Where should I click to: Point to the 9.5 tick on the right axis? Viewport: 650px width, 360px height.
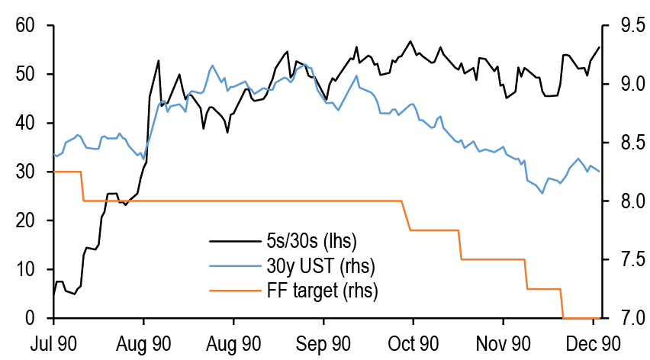[624, 26]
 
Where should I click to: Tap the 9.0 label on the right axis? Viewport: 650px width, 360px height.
[624, 84]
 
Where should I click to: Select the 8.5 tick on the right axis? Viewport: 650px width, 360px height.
[624, 143]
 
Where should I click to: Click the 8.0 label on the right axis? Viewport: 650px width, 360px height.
[624, 201]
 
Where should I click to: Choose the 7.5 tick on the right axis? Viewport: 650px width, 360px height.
[624, 259]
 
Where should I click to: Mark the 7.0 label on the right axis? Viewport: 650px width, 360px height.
[624, 318]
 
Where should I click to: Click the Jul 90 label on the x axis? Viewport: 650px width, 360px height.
[54, 343]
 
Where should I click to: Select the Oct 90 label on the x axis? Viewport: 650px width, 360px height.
[413, 343]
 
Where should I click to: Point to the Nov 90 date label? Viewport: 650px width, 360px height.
[502, 343]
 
